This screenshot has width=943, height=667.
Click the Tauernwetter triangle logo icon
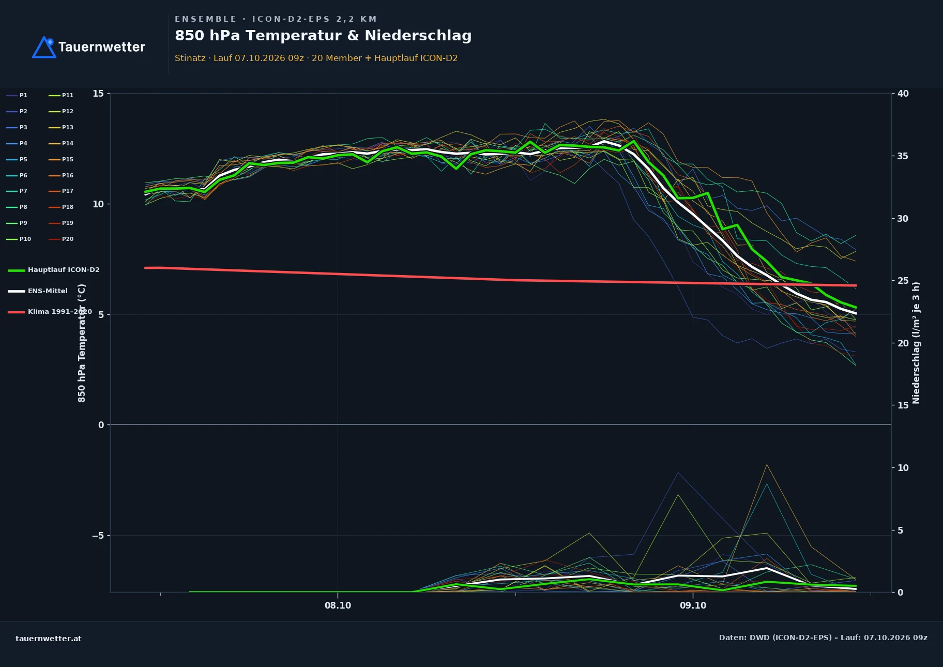click(x=44, y=47)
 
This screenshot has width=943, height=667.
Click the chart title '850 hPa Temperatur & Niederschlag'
click(x=323, y=36)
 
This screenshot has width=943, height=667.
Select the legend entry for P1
click(x=17, y=96)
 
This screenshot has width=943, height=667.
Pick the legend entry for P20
click(x=61, y=239)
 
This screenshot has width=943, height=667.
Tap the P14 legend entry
click(x=61, y=144)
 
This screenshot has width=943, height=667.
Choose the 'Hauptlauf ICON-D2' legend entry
click(x=54, y=270)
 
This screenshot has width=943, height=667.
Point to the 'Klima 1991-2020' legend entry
click(x=50, y=312)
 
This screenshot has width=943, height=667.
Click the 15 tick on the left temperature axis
click(x=98, y=94)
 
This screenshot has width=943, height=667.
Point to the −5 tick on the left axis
click(x=98, y=536)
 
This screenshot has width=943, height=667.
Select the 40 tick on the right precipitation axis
click(x=903, y=94)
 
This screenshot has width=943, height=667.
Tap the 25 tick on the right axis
click(x=903, y=281)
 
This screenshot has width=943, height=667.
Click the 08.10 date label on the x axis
click(x=338, y=605)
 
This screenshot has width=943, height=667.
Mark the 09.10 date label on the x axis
click(x=693, y=605)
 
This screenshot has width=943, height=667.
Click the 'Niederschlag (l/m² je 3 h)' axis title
click(x=916, y=343)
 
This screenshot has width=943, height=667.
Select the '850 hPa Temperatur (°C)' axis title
click(x=82, y=343)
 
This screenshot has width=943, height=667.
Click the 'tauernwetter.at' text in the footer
click(x=49, y=639)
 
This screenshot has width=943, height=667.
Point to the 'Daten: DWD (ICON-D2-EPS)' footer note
click(x=775, y=638)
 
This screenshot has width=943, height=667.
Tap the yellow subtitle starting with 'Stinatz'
click(x=316, y=58)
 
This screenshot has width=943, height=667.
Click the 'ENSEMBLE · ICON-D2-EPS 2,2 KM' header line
click(x=276, y=19)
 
